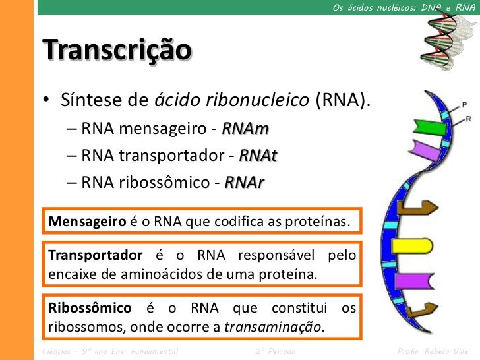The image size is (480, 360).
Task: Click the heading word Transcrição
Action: click(117, 50)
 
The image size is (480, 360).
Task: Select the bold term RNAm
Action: click(245, 128)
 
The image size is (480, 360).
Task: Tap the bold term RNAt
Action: click(258, 155)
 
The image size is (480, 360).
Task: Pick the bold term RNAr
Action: click(244, 182)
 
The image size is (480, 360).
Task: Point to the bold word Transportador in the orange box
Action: click(95, 255)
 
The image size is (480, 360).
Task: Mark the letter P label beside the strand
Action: click(464, 105)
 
